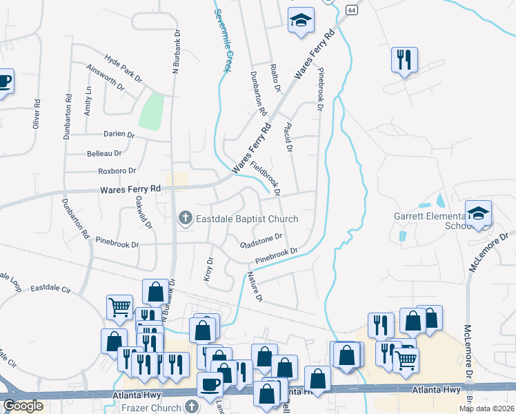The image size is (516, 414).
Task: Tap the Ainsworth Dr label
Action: point(106,79)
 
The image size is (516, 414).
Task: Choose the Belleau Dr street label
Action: point(104,153)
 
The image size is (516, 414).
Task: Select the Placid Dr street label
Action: point(288,137)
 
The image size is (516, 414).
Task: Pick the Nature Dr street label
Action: point(255,286)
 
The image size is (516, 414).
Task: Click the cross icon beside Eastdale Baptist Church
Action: point(185,219)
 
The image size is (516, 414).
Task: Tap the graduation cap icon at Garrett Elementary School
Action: point(478,213)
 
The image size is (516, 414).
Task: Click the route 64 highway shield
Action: point(351,10)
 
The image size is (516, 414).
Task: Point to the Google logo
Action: point(23,406)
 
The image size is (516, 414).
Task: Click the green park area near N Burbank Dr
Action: point(152,110)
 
